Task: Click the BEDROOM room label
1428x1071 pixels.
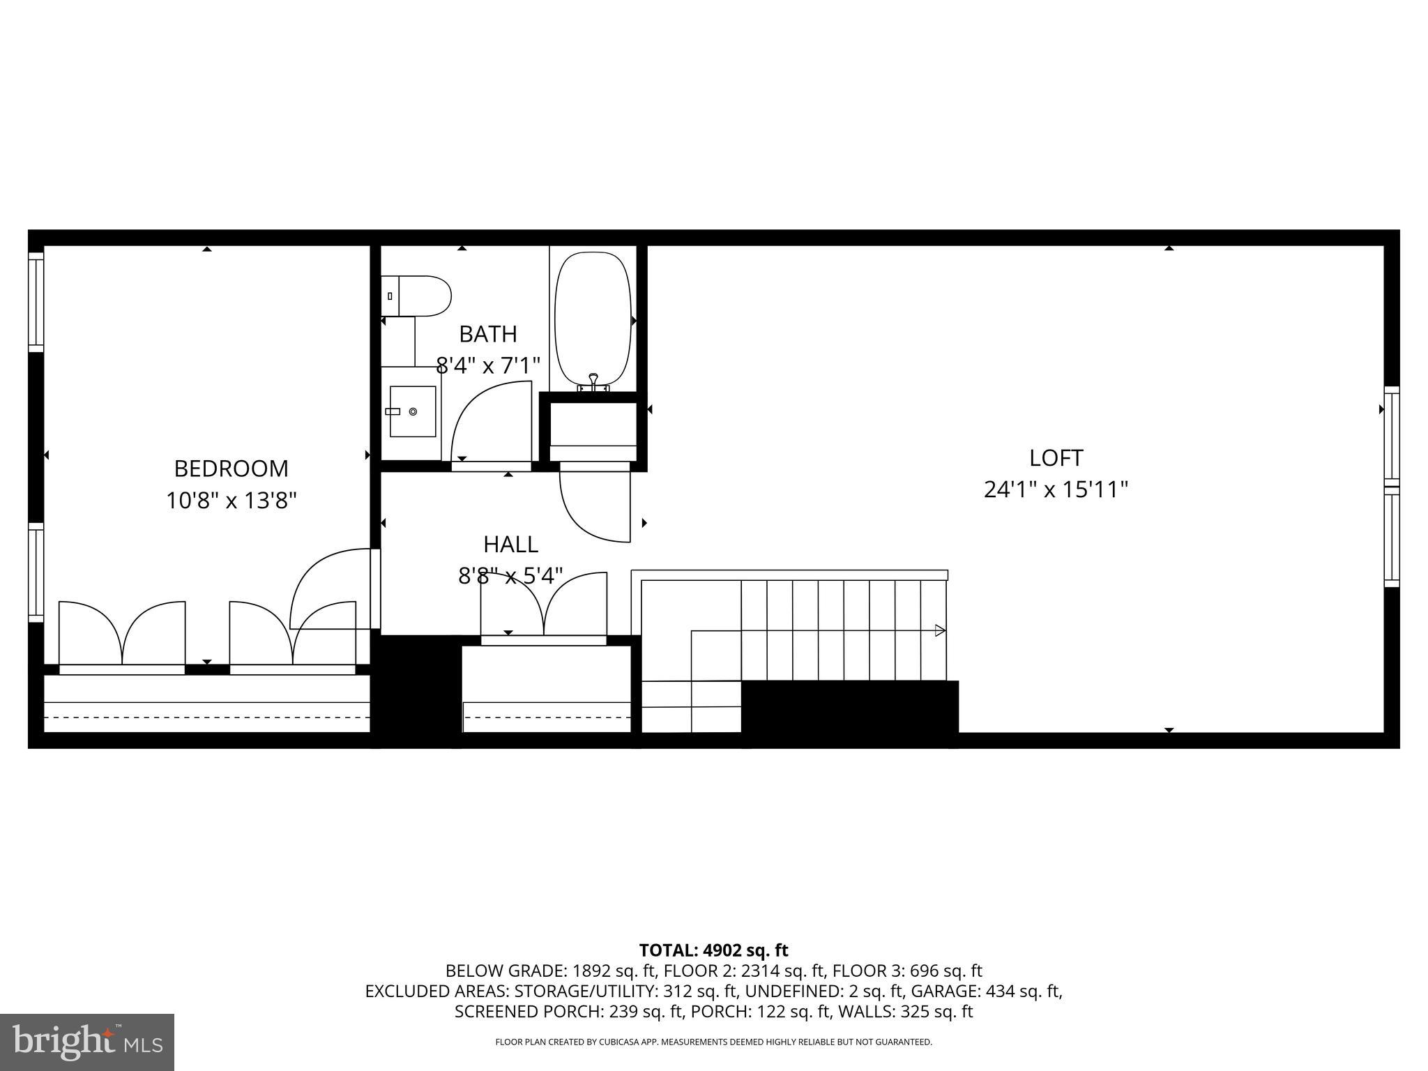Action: (231, 469)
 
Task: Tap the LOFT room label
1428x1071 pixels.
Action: (1056, 458)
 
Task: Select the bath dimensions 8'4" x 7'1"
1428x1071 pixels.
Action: (488, 365)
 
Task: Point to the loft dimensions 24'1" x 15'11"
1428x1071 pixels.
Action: (1056, 490)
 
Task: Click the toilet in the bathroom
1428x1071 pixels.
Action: (416, 296)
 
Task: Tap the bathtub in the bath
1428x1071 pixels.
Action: (593, 317)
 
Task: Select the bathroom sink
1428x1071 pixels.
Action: (412, 411)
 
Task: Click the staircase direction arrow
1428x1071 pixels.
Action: (939, 630)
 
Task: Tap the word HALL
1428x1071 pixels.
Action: (510, 544)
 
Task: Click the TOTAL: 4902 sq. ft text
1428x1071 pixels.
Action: (713, 950)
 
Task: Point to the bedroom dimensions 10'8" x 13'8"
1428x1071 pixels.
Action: (231, 501)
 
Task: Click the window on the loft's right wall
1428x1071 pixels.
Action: (1391, 487)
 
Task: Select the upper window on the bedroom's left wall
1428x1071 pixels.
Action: (35, 301)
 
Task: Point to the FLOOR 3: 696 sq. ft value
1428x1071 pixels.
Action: (907, 971)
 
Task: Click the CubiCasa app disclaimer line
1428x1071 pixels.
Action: (713, 1042)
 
